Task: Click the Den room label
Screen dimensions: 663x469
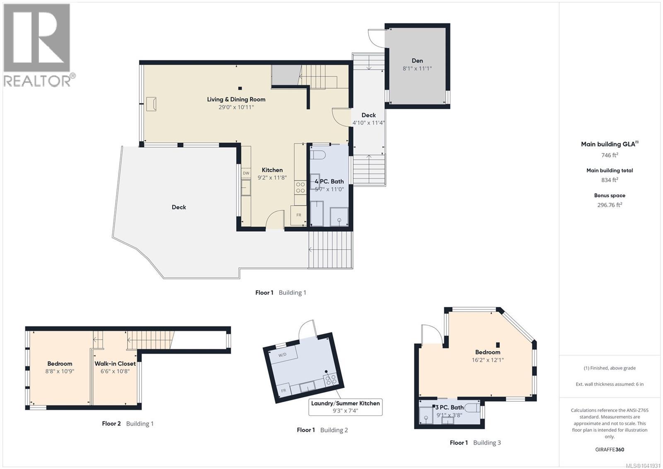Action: (417, 61)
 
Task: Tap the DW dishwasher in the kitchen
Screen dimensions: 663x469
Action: (246, 173)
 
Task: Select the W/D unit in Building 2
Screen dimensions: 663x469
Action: (283, 355)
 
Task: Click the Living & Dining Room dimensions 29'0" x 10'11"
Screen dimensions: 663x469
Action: (236, 107)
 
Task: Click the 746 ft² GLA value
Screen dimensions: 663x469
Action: (610, 155)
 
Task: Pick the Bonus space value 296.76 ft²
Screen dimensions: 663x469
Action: (610, 205)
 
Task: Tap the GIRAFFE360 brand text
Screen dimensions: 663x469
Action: (610, 450)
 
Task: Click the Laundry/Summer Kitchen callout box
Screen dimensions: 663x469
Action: (345, 407)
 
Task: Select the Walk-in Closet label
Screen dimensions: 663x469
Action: (115, 364)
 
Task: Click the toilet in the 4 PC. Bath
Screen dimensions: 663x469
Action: (318, 154)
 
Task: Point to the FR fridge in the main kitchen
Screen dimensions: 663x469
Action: (299, 215)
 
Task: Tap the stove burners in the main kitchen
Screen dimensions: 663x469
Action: (300, 187)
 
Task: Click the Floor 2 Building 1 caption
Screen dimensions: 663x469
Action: (128, 423)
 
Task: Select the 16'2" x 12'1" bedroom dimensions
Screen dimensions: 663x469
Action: (487, 360)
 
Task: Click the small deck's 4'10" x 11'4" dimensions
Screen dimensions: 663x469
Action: (368, 123)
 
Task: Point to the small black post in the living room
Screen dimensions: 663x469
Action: (240, 88)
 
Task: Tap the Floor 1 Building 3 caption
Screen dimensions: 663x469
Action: (475, 442)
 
